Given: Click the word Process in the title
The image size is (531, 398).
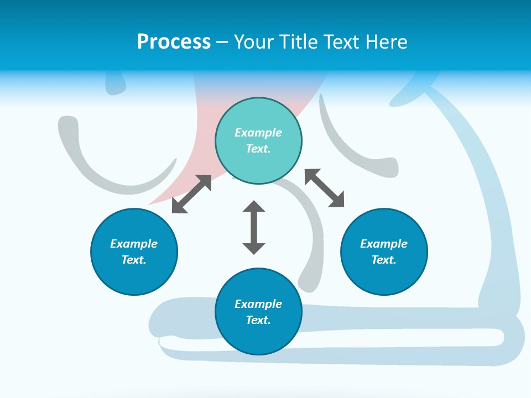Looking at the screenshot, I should [x=174, y=42].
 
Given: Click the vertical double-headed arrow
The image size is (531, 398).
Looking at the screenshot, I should [x=254, y=227].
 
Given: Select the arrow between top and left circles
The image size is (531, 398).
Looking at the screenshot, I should [x=191, y=194].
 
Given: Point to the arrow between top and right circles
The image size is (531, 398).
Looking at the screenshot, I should [x=325, y=188].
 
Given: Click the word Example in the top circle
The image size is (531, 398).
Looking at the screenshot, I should [x=258, y=133].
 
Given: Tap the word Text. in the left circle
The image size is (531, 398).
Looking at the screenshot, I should [x=134, y=260].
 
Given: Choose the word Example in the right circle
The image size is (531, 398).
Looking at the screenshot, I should [x=384, y=244].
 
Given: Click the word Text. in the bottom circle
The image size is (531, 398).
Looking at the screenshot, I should [x=258, y=320].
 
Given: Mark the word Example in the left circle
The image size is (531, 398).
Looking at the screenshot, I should [x=134, y=244].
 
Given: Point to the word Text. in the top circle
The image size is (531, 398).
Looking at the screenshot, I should [x=258, y=149].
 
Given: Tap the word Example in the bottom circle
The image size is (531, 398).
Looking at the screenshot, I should [x=258, y=304].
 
